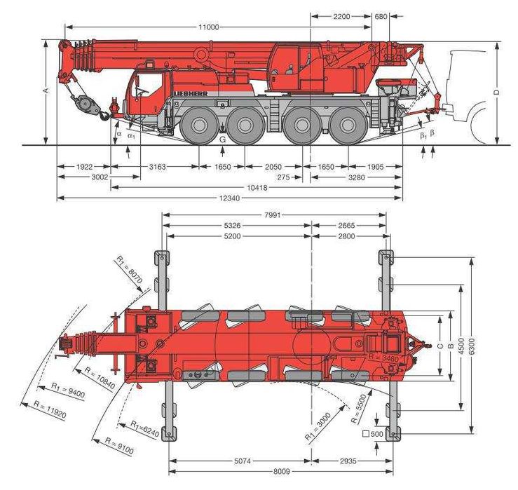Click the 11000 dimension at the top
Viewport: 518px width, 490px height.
[208, 27]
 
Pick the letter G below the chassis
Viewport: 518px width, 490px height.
[222, 139]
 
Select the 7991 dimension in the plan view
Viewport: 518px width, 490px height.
[274, 215]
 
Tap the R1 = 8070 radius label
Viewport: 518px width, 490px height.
[130, 271]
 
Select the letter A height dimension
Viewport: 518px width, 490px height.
[45, 92]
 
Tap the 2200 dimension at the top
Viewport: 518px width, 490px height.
[341, 15]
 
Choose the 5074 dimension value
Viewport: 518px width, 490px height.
[240, 461]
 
